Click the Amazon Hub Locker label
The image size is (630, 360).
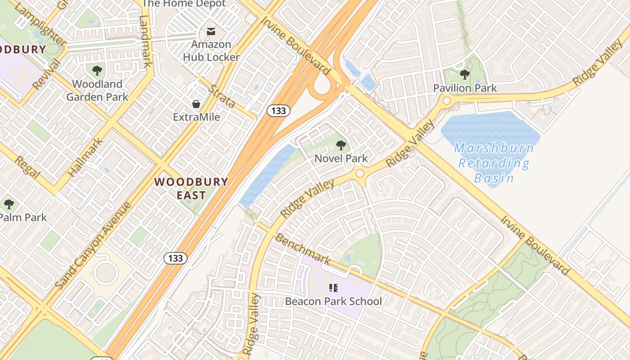pyautogui.click(x=211, y=51)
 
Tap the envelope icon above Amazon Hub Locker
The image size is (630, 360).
pyautogui.click(x=211, y=31)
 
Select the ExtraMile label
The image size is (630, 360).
pyautogui.click(x=197, y=117)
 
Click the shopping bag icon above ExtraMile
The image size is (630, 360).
pyautogui.click(x=196, y=104)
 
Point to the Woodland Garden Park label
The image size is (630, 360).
pyautogui.click(x=97, y=90)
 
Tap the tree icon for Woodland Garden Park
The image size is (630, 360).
pyautogui.click(x=97, y=70)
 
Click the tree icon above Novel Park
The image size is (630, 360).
pyautogui.click(x=341, y=145)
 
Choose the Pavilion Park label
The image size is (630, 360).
pyautogui.click(x=465, y=88)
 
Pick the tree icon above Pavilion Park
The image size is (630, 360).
pyautogui.click(x=464, y=75)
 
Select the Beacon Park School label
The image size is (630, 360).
pyautogui.click(x=333, y=301)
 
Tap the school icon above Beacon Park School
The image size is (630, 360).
pyautogui.click(x=333, y=288)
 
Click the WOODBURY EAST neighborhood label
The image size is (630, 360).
pyautogui.click(x=191, y=189)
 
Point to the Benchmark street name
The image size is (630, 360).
pyautogui.click(x=302, y=249)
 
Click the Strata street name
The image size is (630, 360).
pyautogui.click(x=223, y=97)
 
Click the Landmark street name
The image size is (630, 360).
pyautogui.click(x=144, y=41)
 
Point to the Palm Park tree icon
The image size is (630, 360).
pyautogui.click(x=9, y=204)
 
